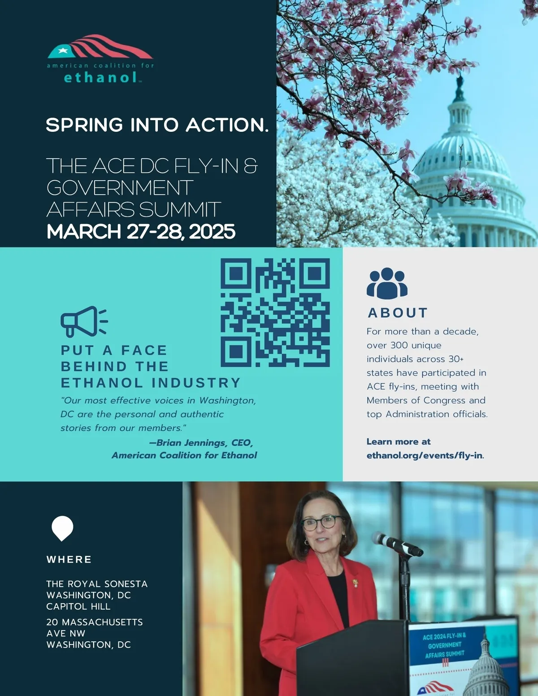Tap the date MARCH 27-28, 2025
(x=141, y=232)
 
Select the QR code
(x=275, y=313)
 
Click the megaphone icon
(x=84, y=321)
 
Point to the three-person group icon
(x=386, y=283)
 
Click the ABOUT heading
(x=398, y=313)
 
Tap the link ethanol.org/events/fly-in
(x=425, y=455)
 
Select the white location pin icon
(x=62, y=527)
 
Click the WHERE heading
(x=69, y=559)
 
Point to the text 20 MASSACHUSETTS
(x=95, y=622)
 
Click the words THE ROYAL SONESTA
(x=97, y=584)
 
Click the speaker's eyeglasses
(x=322, y=523)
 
